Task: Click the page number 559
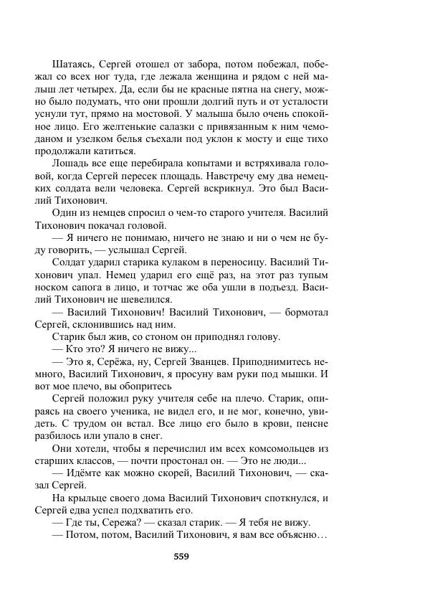pyautogui.click(x=181, y=556)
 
